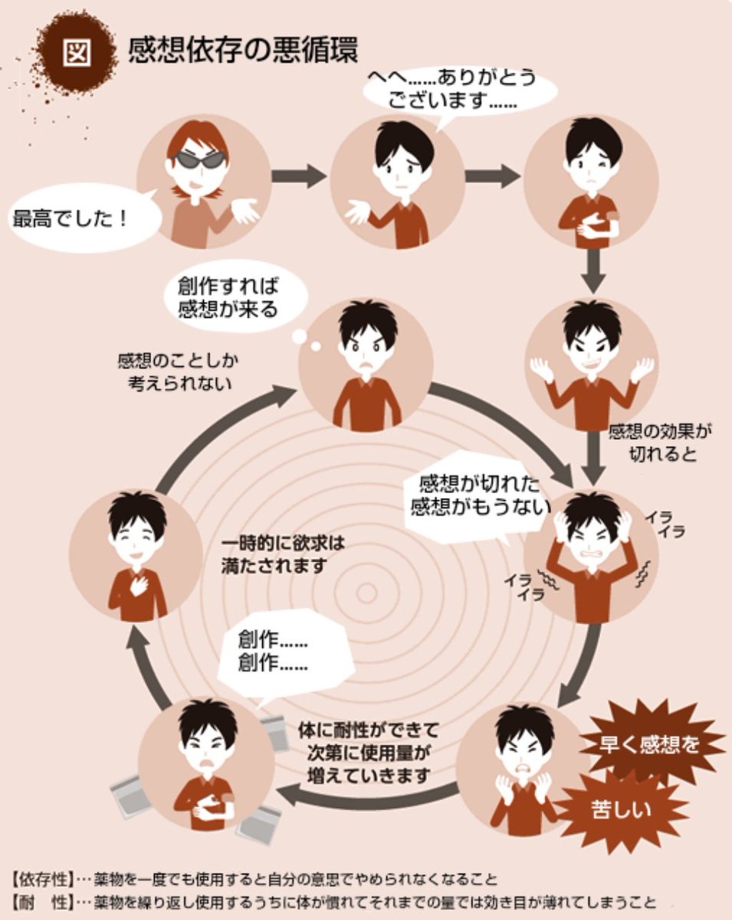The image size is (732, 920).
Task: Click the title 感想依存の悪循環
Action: tap(243, 51)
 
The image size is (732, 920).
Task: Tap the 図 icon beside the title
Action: tap(77, 52)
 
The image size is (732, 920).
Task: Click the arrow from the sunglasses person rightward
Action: tap(299, 176)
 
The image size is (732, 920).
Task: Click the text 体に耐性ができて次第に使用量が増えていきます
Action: tap(369, 754)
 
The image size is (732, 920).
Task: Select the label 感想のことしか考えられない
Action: tap(179, 372)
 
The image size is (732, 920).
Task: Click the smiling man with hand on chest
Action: tap(136, 555)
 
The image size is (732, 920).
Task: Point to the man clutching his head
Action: tap(592, 555)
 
